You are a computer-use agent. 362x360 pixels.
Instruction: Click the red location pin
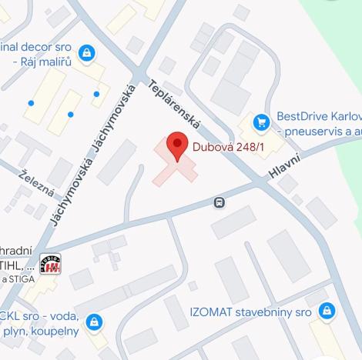178,145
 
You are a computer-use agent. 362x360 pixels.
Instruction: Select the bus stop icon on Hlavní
220,203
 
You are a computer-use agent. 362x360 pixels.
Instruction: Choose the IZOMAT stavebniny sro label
250,312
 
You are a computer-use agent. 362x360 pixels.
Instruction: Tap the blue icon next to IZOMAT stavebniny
327,312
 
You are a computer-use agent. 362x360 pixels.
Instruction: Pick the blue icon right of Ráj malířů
86,53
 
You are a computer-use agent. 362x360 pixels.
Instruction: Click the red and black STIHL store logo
52,265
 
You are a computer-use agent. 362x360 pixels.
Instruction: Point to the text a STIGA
18,278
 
